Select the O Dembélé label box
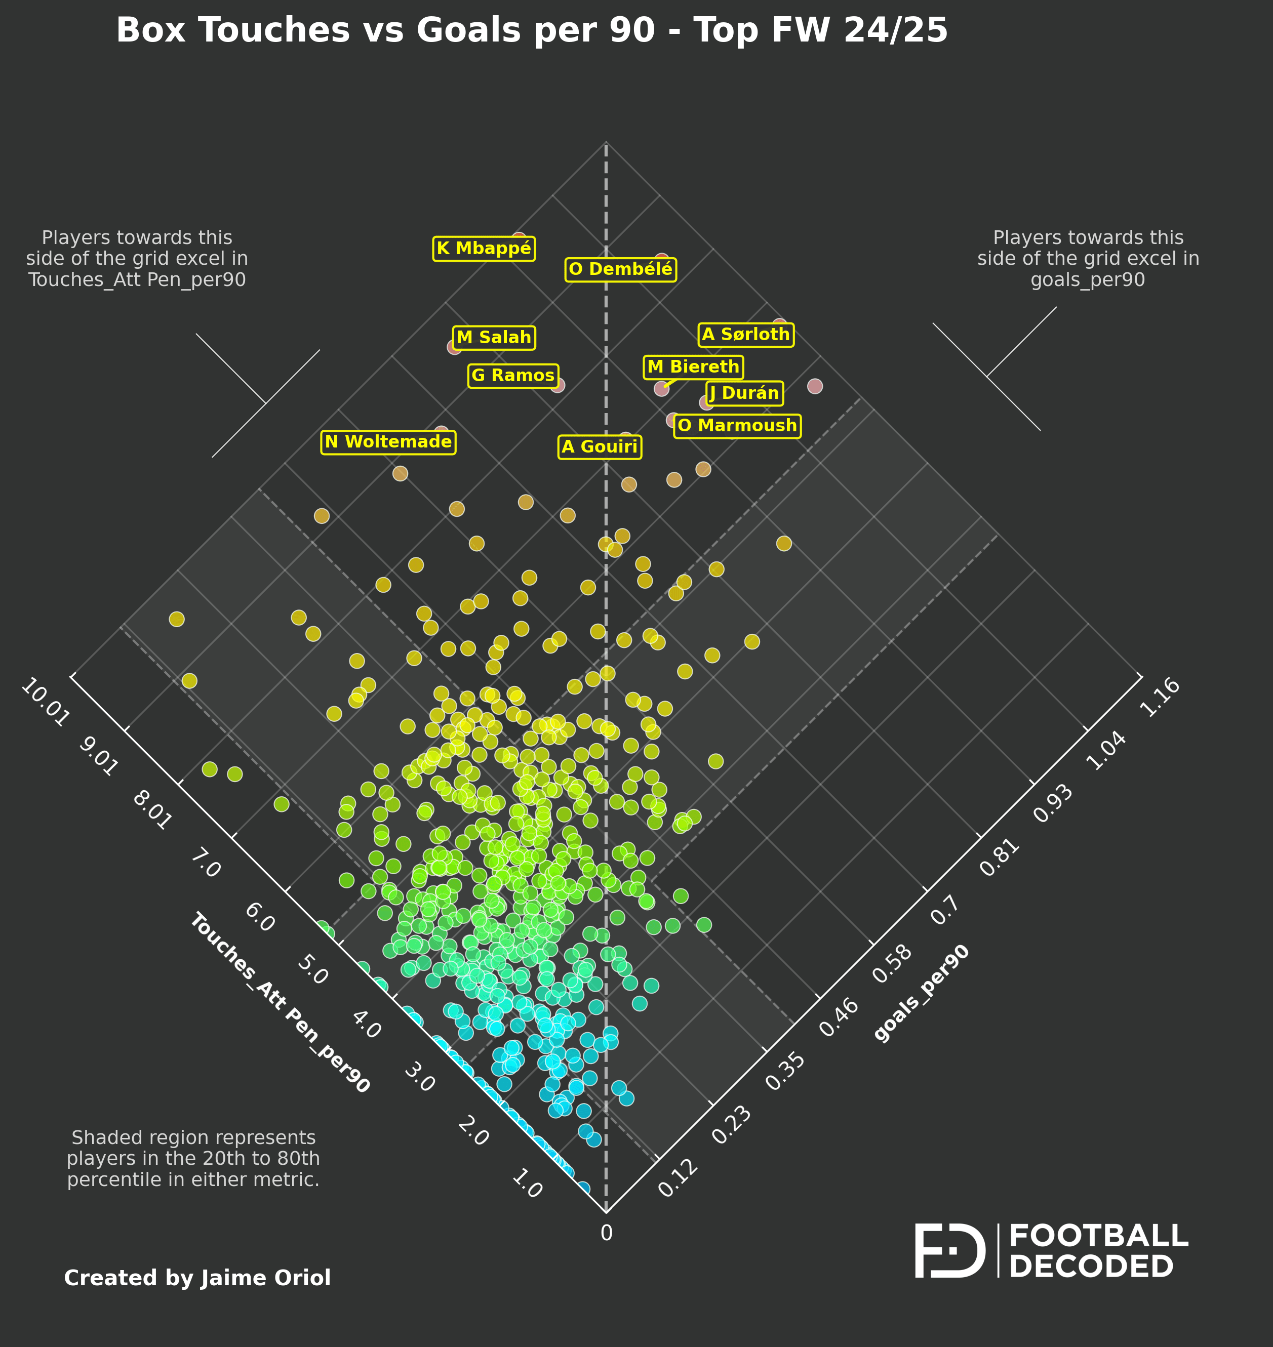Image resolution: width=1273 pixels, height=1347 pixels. tap(620, 269)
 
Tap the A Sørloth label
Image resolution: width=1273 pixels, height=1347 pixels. tap(746, 335)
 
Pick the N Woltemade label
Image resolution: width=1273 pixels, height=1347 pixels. tap(388, 442)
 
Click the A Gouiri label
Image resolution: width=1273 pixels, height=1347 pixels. tap(600, 447)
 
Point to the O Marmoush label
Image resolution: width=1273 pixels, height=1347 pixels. tap(737, 426)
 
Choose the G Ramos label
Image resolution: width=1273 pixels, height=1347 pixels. tap(513, 376)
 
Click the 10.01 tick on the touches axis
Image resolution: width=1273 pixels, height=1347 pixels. tap(45, 703)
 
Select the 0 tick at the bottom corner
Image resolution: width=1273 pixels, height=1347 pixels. tap(606, 1233)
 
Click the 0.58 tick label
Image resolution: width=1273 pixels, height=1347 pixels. tap(892, 963)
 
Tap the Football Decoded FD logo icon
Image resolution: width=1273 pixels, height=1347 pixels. tap(949, 1251)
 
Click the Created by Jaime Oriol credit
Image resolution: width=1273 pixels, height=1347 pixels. tap(197, 1278)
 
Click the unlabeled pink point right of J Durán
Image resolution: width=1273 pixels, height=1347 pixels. tap(814, 386)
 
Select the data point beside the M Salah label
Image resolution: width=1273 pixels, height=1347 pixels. tap(454, 347)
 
